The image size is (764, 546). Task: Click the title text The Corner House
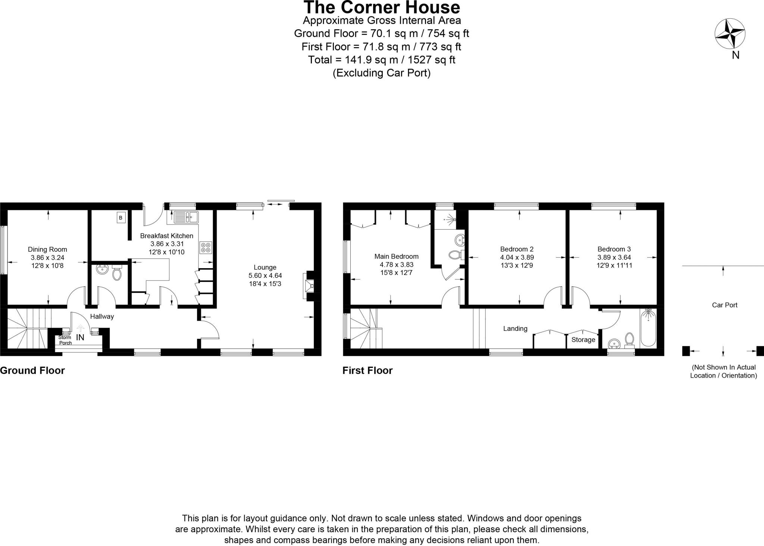[382, 7]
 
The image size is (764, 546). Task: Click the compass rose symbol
[730, 34]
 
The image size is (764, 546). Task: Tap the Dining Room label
[47, 249]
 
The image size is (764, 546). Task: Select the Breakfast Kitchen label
[166, 236]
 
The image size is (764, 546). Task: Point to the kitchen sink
[185, 216]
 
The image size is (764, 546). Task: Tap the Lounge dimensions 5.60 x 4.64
[265, 276]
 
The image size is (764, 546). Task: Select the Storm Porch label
[65, 340]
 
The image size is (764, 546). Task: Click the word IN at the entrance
[80, 338]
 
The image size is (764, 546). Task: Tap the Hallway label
[102, 316]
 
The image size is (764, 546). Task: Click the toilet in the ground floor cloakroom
[117, 274]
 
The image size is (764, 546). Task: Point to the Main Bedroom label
[396, 257]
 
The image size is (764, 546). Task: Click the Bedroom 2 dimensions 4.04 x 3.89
[517, 257]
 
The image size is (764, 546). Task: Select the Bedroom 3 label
[614, 249]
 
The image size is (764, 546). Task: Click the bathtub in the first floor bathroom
[648, 328]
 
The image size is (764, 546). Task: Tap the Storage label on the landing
[583, 339]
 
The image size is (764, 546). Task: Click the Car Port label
[724, 305]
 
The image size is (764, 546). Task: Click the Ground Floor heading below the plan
[32, 370]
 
